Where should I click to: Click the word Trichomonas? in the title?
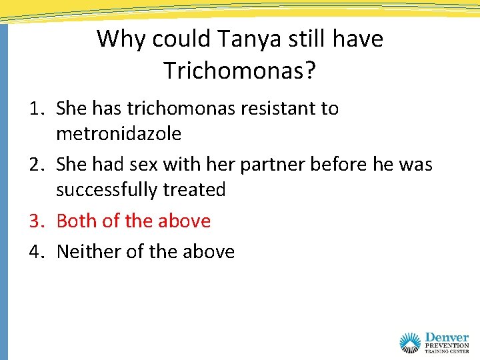[x=240, y=69]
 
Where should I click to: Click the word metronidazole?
[x=119, y=134]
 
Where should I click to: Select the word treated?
[x=194, y=190]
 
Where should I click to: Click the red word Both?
[x=77, y=221]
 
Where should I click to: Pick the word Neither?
[x=87, y=251]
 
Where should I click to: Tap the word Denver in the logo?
[x=447, y=339]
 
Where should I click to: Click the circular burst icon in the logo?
[x=411, y=343]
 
